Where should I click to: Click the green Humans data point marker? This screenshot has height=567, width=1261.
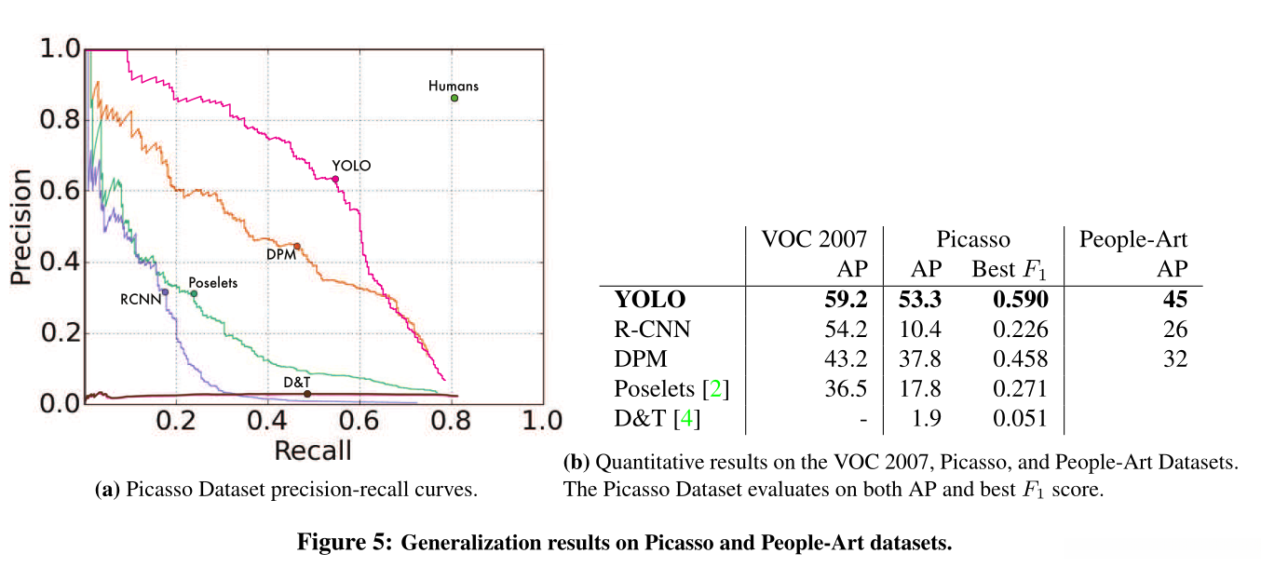pyautogui.click(x=454, y=98)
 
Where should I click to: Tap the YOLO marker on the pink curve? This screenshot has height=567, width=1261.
pyautogui.click(x=335, y=179)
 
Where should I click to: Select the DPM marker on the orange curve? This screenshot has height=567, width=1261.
pyautogui.click(x=297, y=246)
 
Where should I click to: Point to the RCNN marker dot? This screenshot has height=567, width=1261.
pyautogui.click(x=165, y=292)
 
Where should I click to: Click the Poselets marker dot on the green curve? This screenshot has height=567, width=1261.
pyautogui.click(x=194, y=293)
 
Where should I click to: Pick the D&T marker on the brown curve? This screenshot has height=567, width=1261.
pyautogui.click(x=307, y=394)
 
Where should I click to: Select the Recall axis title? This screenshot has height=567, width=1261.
pyautogui.click(x=312, y=451)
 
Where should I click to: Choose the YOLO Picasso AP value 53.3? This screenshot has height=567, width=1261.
pyautogui.click(x=921, y=300)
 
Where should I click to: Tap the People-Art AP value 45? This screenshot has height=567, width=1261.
pyautogui.click(x=1175, y=300)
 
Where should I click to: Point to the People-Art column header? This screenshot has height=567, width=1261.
pyautogui.click(x=1133, y=239)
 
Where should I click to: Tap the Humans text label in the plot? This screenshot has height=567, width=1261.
pyautogui.click(x=454, y=86)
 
